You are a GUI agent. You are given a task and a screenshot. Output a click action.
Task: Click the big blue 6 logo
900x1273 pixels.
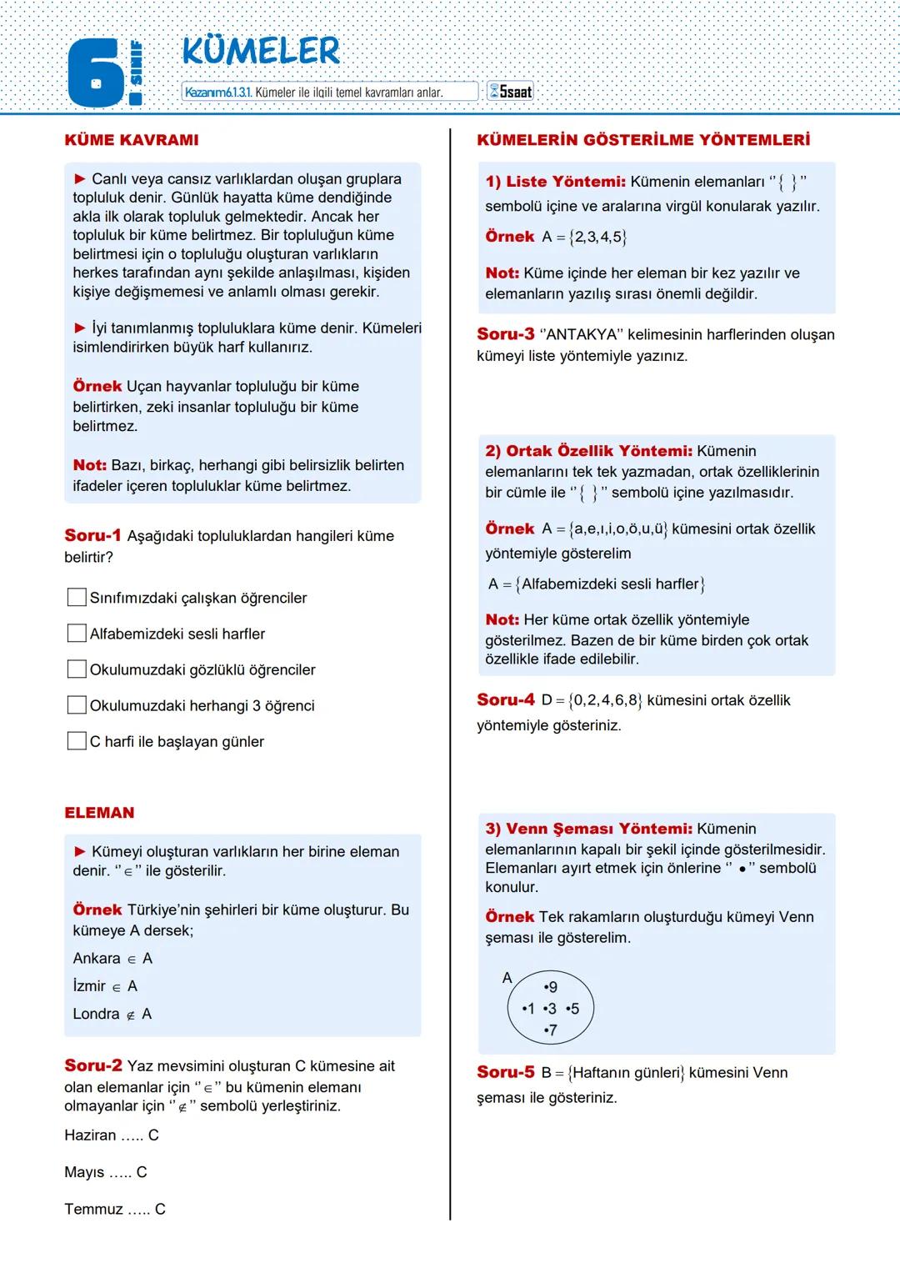[95, 75]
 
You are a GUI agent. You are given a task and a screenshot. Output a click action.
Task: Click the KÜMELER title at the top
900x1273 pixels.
[261, 52]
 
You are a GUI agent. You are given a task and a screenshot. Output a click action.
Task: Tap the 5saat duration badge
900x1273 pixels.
[510, 92]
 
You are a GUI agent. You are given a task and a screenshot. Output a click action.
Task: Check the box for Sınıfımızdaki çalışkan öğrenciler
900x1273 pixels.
[77, 598]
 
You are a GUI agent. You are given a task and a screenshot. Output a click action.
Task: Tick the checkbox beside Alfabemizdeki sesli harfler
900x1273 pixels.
[77, 634]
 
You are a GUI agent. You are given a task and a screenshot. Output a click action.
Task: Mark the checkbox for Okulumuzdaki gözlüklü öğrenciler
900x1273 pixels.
[77, 669]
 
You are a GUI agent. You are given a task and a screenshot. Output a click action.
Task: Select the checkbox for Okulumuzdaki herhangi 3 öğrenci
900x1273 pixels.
[77, 705]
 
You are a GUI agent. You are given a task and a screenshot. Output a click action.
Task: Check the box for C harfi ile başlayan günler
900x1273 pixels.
[77, 741]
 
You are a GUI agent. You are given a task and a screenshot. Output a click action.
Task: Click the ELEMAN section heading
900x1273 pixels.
[99, 813]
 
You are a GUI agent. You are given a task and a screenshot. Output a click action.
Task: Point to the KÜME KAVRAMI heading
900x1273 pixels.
[132, 140]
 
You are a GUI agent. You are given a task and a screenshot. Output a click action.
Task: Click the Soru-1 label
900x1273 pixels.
[92, 535]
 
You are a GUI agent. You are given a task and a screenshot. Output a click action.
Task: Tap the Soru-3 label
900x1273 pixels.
[505, 334]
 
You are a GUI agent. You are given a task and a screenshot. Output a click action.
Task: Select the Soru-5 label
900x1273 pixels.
[505, 1072]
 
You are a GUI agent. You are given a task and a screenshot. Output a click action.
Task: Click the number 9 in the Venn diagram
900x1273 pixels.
[551, 987]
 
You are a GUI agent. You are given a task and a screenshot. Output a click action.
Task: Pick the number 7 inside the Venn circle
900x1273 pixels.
[551, 1030]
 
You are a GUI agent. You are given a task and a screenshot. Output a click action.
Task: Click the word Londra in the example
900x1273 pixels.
[96, 1014]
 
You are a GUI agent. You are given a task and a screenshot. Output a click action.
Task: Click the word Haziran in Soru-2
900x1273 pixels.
[90, 1135]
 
